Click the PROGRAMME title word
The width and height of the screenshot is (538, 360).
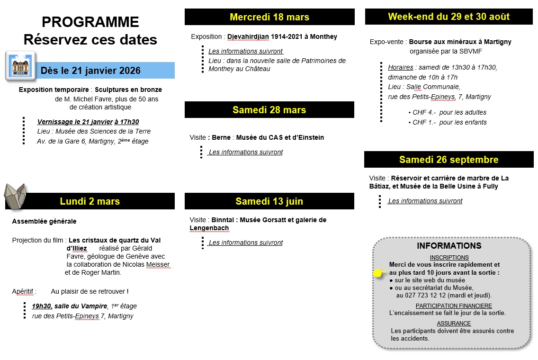click(x=90, y=22)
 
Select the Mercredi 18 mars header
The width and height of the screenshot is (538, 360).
click(x=269, y=17)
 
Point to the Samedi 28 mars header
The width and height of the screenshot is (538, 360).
click(x=269, y=110)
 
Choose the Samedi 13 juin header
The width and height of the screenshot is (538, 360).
click(x=269, y=201)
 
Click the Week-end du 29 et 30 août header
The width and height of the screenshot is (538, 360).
click(x=448, y=17)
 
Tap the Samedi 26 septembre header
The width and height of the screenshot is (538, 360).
click(x=448, y=160)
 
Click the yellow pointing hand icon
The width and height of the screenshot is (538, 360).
click(x=379, y=273)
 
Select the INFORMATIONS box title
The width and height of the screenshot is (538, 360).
click(x=449, y=246)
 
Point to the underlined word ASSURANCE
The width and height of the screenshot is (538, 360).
click(x=454, y=324)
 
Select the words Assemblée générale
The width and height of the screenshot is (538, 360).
click(x=44, y=221)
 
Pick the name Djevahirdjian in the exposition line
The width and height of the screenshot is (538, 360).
click(x=248, y=36)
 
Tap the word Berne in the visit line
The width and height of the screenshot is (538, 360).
click(x=221, y=137)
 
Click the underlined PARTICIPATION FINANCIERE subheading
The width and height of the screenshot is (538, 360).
click(x=454, y=306)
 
